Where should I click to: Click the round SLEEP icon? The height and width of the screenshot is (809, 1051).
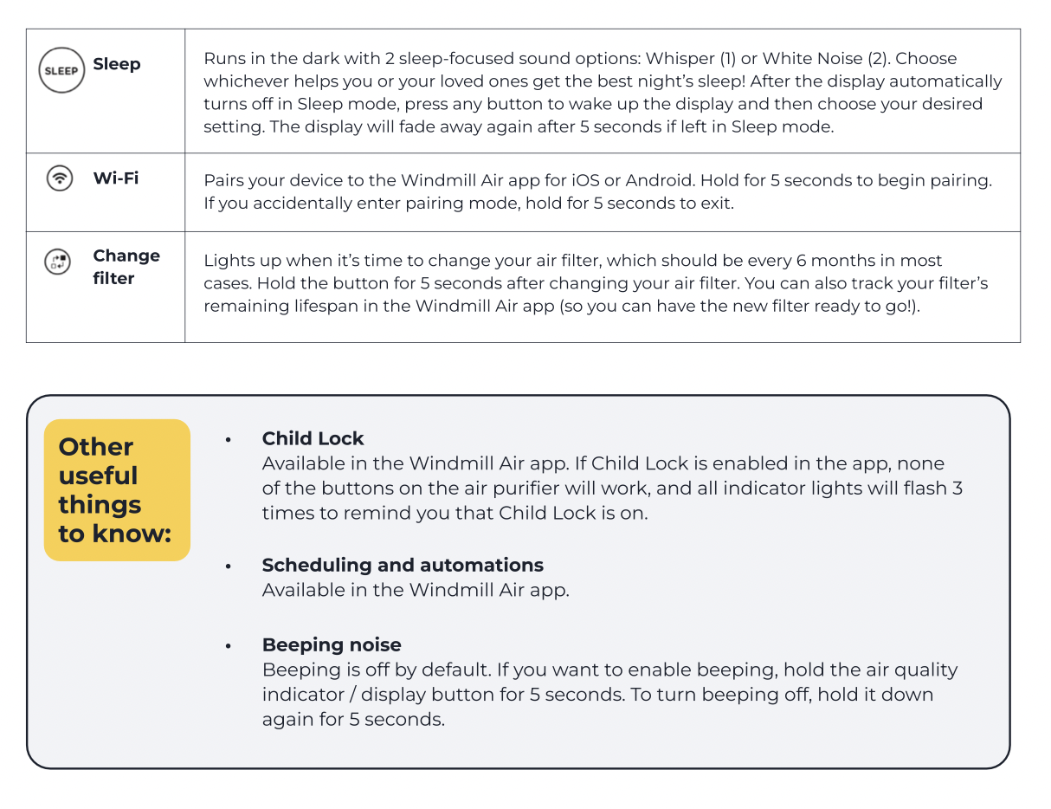pyautogui.click(x=61, y=70)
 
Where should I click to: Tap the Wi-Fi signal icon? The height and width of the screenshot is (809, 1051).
pyautogui.click(x=59, y=179)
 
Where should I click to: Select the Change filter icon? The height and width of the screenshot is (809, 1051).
pyautogui.click(x=57, y=262)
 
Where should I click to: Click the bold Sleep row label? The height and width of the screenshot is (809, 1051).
pyautogui.click(x=117, y=64)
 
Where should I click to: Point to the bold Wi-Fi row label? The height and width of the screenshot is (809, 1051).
pyautogui.click(x=116, y=178)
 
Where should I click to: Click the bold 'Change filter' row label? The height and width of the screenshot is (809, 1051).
pyautogui.click(x=126, y=267)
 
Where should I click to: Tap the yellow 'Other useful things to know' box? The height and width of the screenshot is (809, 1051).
pyautogui.click(x=117, y=489)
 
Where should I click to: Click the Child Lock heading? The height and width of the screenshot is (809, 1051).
pyautogui.click(x=313, y=438)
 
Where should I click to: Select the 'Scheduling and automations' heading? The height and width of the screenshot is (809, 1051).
pyautogui.click(x=403, y=565)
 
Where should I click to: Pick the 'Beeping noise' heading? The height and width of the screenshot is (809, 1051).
pyautogui.click(x=332, y=644)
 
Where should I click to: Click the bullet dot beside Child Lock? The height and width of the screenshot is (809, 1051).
pyautogui.click(x=229, y=440)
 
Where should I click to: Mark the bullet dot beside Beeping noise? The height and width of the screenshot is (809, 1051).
pyautogui.click(x=229, y=646)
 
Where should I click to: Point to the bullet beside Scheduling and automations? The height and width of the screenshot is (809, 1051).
pyautogui.click(x=229, y=566)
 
